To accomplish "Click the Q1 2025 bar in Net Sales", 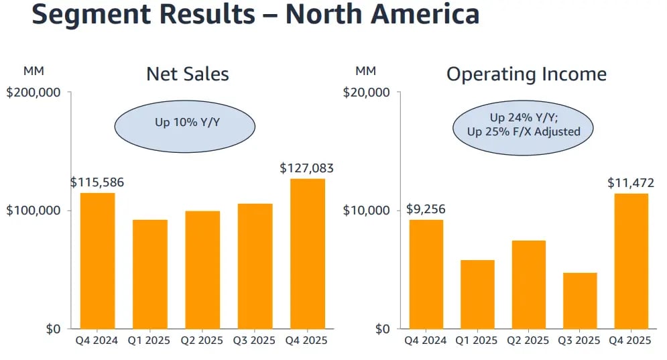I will pyautogui.click(x=150, y=274).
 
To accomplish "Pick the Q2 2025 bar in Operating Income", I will pyautogui.click(x=528, y=284).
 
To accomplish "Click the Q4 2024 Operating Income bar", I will pyautogui.click(x=426, y=274).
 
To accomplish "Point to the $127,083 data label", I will pyautogui.click(x=306, y=168).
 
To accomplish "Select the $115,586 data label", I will pyautogui.click(x=97, y=182).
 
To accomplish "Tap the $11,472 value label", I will pyautogui.click(x=631, y=182).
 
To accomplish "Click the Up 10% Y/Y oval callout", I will pyautogui.click(x=184, y=124).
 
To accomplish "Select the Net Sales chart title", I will pyautogui.click(x=188, y=74).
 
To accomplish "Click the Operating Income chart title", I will pyautogui.click(x=526, y=74).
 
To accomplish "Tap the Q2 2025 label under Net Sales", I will pyautogui.click(x=202, y=341).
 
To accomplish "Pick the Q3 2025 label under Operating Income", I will pyautogui.click(x=580, y=341).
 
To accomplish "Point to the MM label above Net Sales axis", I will pyautogui.click(x=33, y=71).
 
